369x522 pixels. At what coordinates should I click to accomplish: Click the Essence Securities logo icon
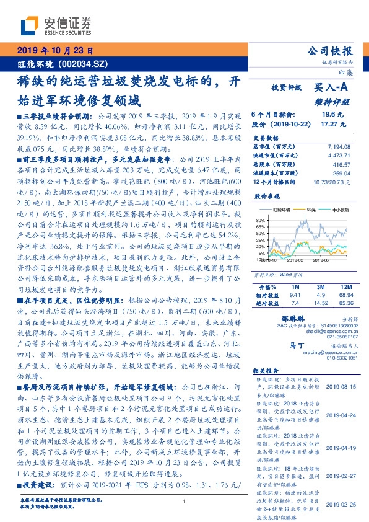click(x=31, y=25)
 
